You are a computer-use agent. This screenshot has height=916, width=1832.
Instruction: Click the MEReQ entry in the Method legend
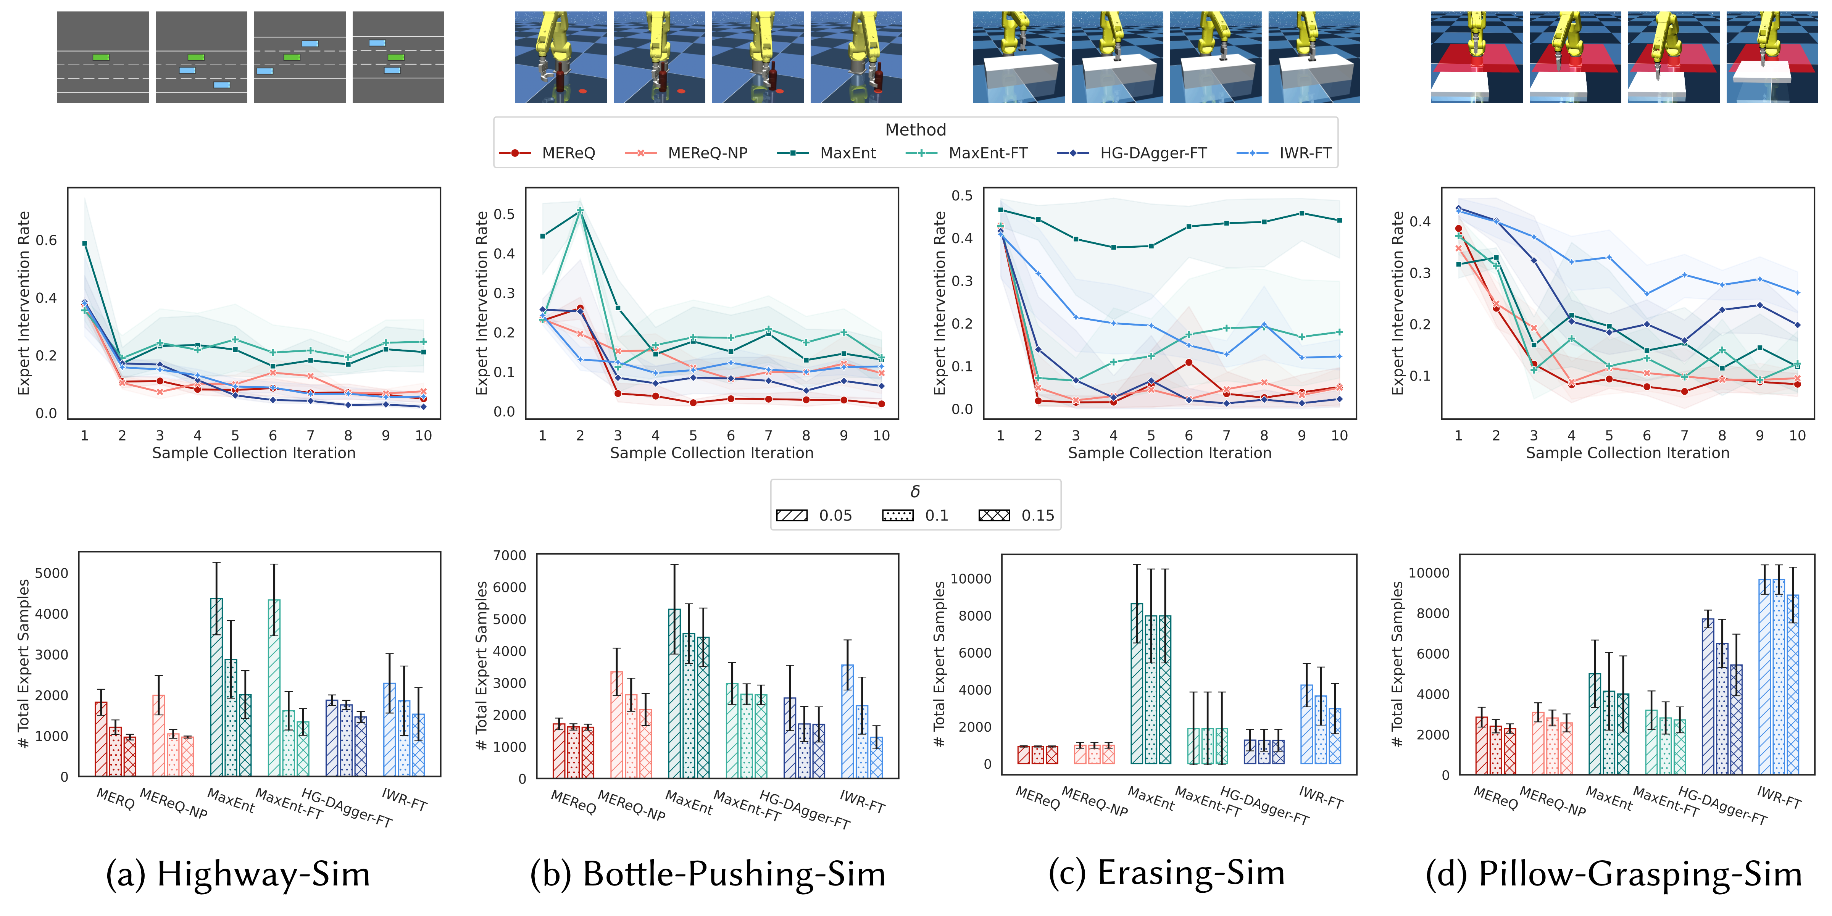tap(568, 153)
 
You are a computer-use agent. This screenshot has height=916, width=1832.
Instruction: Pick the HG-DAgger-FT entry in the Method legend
tap(1153, 153)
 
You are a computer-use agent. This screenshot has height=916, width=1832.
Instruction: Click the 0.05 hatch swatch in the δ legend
tap(792, 516)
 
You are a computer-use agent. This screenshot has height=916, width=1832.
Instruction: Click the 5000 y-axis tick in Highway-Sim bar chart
tap(51, 573)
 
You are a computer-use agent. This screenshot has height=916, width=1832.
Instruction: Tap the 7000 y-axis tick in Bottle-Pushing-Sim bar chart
tap(510, 555)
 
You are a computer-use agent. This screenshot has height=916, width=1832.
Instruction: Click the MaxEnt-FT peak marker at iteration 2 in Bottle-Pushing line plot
tap(580, 211)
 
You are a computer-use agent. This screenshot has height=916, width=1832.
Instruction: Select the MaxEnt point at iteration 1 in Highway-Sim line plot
tap(85, 243)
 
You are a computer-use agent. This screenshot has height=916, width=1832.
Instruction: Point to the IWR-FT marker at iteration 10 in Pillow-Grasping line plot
tap(1797, 292)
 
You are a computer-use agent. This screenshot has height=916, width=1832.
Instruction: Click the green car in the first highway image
tap(101, 57)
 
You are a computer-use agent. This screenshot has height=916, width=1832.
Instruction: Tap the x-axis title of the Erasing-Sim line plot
tap(1169, 453)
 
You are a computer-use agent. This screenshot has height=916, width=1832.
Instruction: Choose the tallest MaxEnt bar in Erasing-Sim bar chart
tap(1137, 683)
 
